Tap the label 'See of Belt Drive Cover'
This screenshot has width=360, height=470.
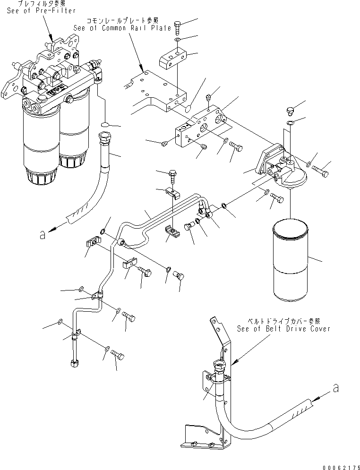[283, 329]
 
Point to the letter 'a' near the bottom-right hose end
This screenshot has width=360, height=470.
[336, 389]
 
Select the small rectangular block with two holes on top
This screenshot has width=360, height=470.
[172, 61]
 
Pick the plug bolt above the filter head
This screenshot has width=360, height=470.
[291, 111]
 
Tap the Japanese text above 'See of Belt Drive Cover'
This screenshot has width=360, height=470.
[283, 320]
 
